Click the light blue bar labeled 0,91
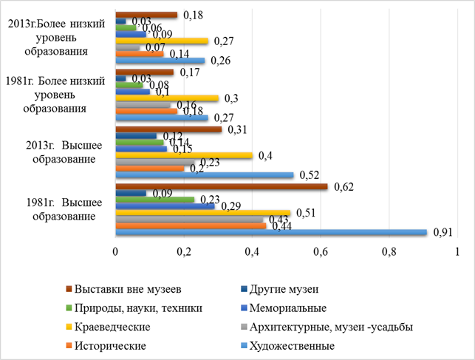coord(271,233)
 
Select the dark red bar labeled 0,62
coord(222,187)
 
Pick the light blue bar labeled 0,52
coord(205,175)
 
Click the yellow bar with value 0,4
coord(184,155)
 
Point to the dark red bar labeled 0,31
coord(168,130)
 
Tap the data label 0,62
coord(343,187)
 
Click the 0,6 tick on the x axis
coord(321,251)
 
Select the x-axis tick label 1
coord(457,251)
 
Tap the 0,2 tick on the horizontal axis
coord(184,251)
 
